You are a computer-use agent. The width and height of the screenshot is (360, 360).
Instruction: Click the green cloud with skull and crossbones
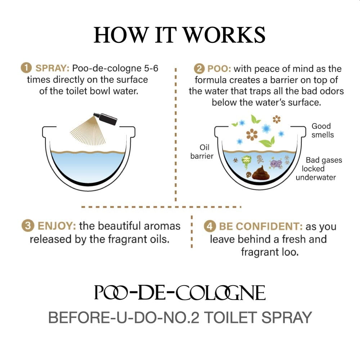click(x=246, y=161)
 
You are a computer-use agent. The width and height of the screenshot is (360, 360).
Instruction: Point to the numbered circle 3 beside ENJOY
click(x=28, y=226)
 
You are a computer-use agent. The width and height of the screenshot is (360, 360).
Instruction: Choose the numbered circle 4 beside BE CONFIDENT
click(x=210, y=226)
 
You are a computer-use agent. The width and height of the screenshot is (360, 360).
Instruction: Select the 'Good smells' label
click(x=321, y=131)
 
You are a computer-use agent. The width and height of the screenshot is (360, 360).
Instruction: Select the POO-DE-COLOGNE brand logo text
click(x=180, y=292)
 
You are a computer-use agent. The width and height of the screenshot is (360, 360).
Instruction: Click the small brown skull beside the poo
click(x=248, y=175)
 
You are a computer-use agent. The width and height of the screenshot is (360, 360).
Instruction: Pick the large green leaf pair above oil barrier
click(x=267, y=141)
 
